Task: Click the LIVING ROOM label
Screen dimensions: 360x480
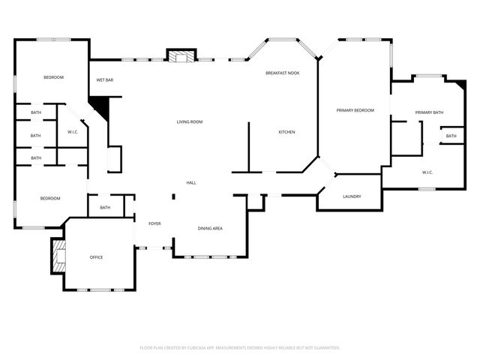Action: click(189, 121)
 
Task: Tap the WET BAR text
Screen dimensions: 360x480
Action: click(104, 79)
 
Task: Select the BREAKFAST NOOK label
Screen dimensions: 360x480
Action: click(282, 73)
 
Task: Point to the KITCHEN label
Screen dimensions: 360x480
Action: click(286, 132)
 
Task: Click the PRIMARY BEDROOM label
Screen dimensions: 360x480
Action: click(354, 110)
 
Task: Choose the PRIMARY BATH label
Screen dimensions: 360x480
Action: click(429, 112)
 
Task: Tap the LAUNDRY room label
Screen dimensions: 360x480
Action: click(352, 196)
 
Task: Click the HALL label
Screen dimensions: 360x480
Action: click(191, 182)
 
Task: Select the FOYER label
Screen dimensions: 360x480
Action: click(154, 223)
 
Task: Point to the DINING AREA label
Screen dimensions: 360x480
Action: click(210, 228)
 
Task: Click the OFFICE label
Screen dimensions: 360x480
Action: click(96, 257)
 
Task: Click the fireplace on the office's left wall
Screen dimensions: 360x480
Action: click(58, 256)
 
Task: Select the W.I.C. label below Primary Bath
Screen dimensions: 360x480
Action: click(427, 172)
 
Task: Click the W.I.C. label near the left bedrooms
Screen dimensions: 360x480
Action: click(73, 133)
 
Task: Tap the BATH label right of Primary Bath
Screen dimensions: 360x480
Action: click(450, 136)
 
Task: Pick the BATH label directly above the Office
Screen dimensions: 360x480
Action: click(105, 208)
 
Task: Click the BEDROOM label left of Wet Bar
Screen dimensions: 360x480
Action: click(53, 77)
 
